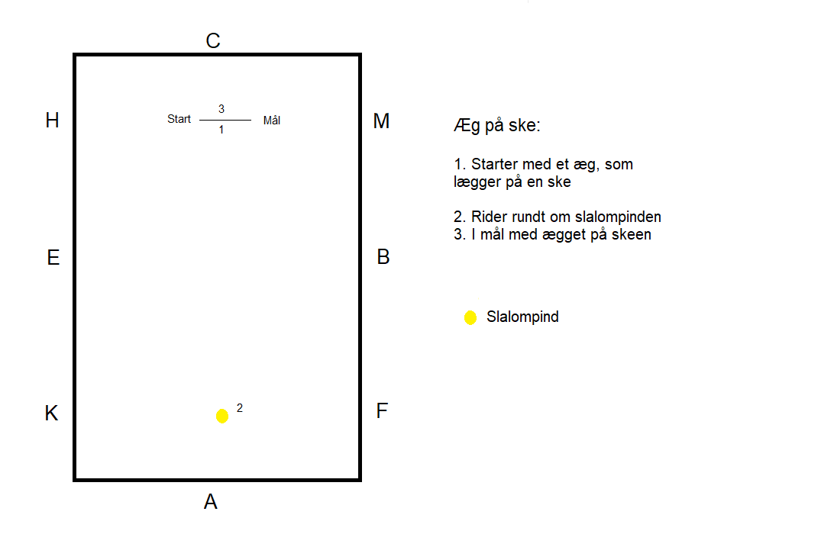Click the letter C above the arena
pos(213,40)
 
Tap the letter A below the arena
pos(211,501)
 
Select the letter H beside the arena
pos(53,121)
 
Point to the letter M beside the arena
pos(381,121)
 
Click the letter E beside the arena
pos(53,257)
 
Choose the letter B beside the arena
pos(383,257)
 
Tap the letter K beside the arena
pos(51,413)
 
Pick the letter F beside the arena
pos(382,410)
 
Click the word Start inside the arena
pos(179,119)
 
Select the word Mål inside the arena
pos(272,121)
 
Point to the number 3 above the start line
pos(221,109)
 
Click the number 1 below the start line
pos(221,130)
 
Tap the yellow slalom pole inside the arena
pos(222,416)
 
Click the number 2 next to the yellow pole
pos(240,408)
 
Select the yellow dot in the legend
pos(470,317)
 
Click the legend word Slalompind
pos(522,317)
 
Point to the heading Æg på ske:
pos(497,126)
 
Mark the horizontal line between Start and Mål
pos(225,121)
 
